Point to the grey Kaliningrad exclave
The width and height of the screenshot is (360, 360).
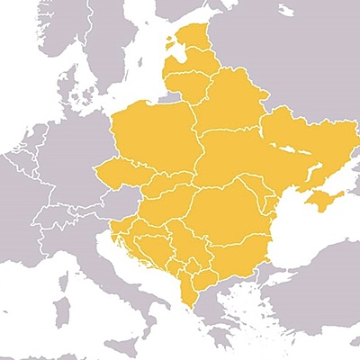click(170, 94)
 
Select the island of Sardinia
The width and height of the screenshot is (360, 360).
click(61, 310)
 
